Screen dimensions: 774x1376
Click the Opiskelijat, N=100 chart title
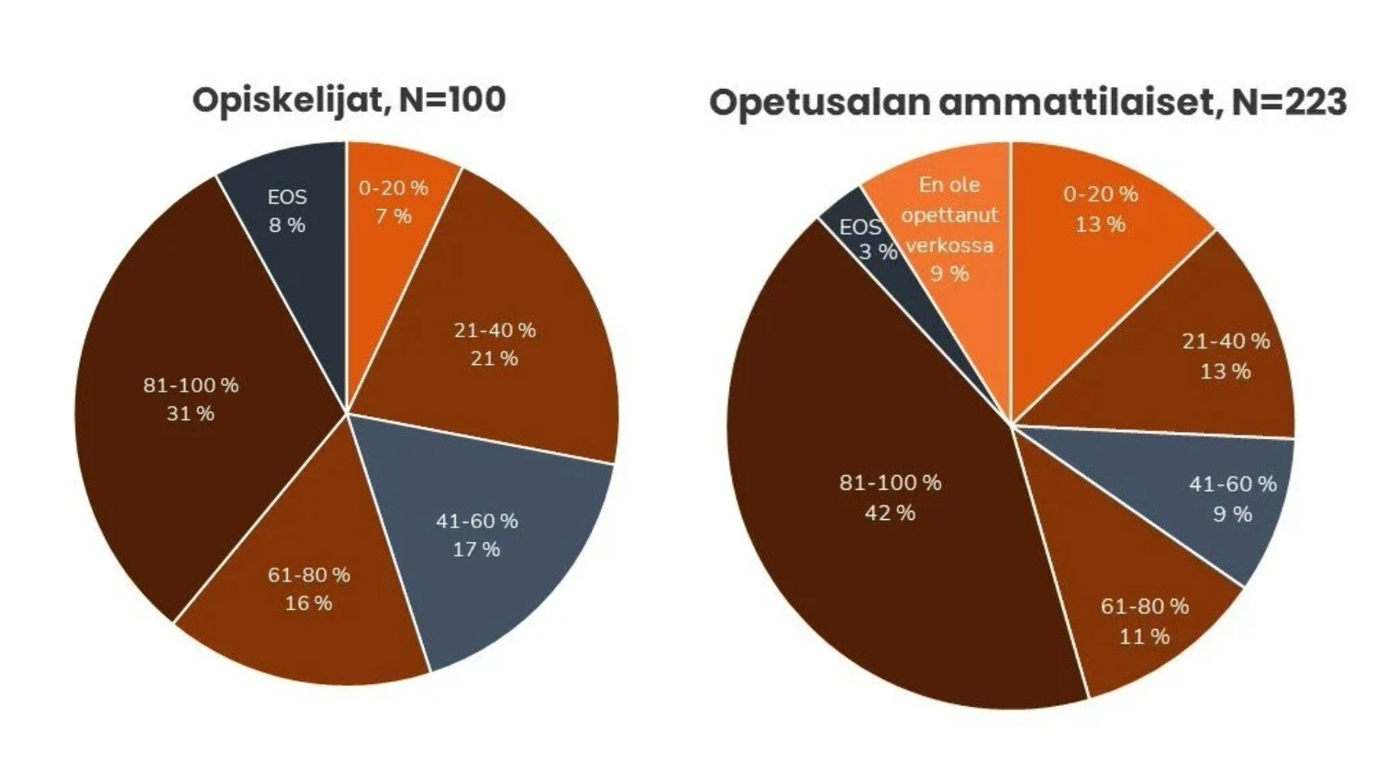pos(349,100)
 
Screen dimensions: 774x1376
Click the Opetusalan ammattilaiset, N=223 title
pos(1027,102)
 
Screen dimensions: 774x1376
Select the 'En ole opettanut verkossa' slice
pos(950,229)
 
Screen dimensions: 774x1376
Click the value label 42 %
pos(890,513)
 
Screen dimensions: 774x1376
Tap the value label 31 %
pos(191,414)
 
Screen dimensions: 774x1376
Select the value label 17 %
pos(477,549)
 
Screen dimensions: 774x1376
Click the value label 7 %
pos(394,216)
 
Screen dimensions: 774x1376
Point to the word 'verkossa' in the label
pos(949,245)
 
